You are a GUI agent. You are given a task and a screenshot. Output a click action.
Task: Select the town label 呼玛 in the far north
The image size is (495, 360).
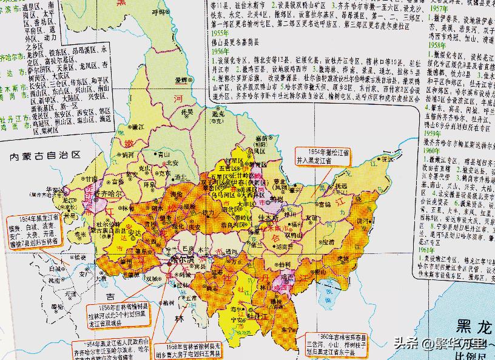click(159, 12)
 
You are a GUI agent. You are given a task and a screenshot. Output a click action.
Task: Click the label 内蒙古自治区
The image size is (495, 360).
click(45, 156)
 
